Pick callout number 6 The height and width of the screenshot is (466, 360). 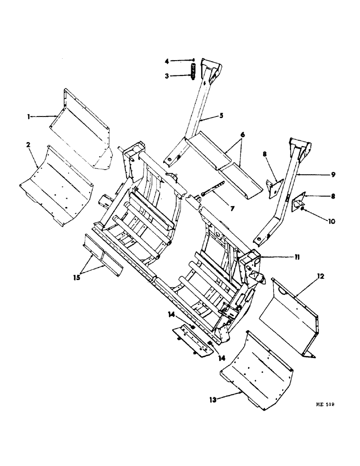point(242,134)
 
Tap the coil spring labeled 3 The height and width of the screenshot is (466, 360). point(192,74)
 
